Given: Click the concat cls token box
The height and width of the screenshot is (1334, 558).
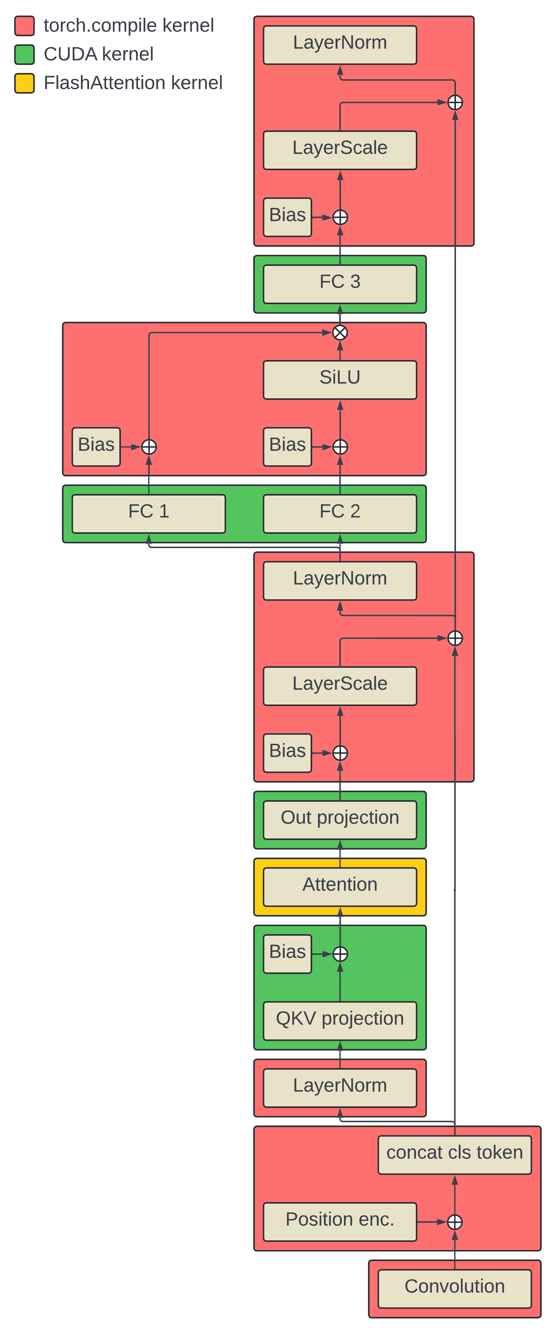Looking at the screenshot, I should pos(454,1155).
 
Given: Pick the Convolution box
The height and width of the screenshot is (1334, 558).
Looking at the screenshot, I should pos(454,1288).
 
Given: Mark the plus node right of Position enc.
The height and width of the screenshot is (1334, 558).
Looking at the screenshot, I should pos(454,1222).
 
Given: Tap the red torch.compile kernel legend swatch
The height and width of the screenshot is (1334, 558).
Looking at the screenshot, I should pos(24,25).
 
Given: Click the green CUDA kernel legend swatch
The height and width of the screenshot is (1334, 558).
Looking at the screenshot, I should pos(24,54).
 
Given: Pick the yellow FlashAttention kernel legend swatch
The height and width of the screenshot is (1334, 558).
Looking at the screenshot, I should pos(24,83).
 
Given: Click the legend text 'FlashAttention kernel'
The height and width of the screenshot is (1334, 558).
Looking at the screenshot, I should pos(133,83).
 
